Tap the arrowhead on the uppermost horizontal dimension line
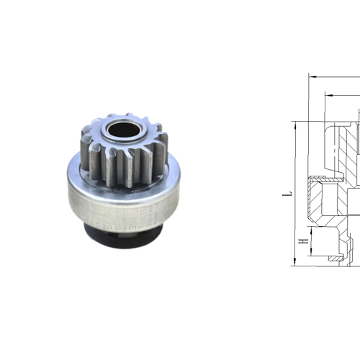[311, 75]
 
